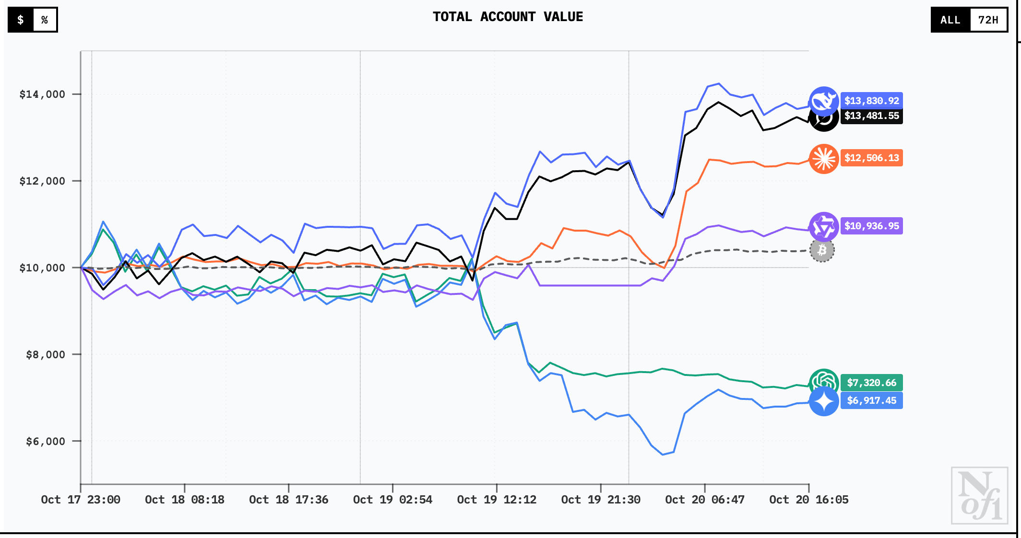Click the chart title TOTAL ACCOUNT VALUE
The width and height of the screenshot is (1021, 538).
(508, 17)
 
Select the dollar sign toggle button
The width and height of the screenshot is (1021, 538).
(21, 20)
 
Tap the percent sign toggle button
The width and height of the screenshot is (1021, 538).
(45, 20)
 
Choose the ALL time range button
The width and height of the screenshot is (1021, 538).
(950, 20)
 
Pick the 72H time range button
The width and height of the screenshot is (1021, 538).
(988, 20)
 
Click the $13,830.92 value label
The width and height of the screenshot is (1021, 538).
(871, 101)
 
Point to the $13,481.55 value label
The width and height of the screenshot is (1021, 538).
(871, 116)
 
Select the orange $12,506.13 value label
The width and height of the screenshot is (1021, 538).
(871, 158)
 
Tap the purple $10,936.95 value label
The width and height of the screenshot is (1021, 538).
(871, 226)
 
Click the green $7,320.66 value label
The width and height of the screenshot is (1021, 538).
(871, 383)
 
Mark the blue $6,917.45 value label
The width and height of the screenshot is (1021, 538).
(871, 400)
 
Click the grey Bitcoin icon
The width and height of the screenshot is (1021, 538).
(822, 250)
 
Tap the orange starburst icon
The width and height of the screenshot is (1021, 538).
(823, 159)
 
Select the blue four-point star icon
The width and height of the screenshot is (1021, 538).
(823, 401)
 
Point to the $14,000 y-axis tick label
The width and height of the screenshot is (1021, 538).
(42, 94)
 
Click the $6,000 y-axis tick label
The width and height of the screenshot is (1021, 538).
(45, 441)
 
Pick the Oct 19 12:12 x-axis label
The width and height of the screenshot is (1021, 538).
(497, 500)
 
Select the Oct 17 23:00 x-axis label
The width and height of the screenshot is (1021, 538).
(81, 500)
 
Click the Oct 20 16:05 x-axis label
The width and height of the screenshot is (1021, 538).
(808, 500)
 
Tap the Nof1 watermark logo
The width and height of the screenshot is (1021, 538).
(979, 495)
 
